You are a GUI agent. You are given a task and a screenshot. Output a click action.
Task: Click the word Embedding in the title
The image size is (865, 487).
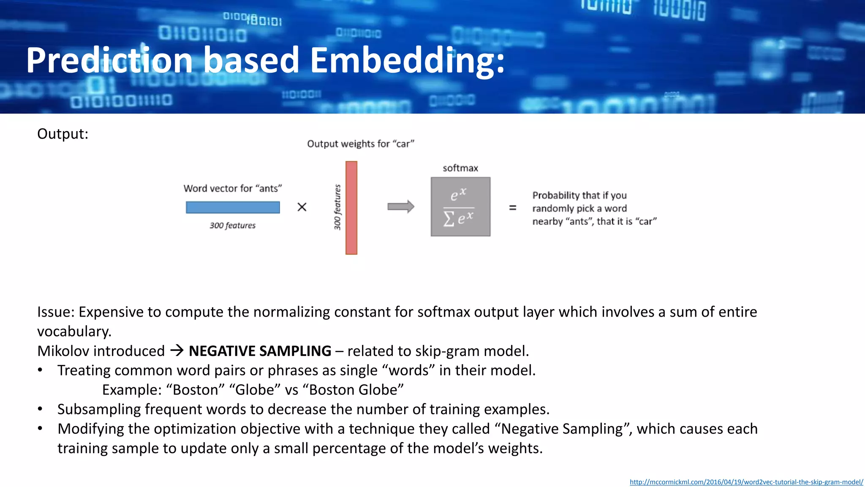pyautogui.click(x=407, y=60)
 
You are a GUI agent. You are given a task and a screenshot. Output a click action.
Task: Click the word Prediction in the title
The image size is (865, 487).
pyautogui.click(x=110, y=60)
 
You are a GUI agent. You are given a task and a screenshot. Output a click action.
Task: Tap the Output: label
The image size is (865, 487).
pyautogui.click(x=63, y=134)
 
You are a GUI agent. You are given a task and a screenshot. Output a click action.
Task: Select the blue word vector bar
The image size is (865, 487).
pyautogui.click(x=233, y=207)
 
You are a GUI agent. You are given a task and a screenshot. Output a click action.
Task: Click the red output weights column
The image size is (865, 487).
pyautogui.click(x=351, y=208)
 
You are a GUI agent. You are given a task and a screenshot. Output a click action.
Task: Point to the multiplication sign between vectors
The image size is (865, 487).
pyautogui.click(x=302, y=207)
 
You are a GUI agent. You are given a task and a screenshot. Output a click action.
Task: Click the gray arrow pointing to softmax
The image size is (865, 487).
pyautogui.click(x=400, y=207)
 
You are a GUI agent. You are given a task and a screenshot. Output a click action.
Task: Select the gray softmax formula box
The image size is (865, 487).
pyautogui.click(x=460, y=207)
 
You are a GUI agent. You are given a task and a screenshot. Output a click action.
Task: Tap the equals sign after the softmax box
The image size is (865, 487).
pyautogui.click(x=512, y=208)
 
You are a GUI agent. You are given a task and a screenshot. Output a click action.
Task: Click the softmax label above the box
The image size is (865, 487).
pyautogui.click(x=460, y=168)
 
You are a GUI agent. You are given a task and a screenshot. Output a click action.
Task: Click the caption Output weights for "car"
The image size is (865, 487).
pyautogui.click(x=360, y=144)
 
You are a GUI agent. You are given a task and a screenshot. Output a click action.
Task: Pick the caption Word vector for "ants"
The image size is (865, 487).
pyautogui.click(x=232, y=189)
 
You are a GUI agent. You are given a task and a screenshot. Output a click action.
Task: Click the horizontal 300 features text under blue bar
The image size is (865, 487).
pyautogui.click(x=232, y=226)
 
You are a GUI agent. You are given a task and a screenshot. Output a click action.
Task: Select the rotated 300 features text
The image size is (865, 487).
pyautogui.click(x=337, y=207)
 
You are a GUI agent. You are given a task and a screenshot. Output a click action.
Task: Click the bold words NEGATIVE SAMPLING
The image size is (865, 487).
pyautogui.click(x=260, y=351)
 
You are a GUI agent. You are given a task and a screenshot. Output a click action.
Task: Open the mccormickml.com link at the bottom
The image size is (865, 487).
pyautogui.click(x=746, y=482)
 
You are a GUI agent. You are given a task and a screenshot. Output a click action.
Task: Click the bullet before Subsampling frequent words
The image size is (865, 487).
pyautogui.click(x=40, y=409)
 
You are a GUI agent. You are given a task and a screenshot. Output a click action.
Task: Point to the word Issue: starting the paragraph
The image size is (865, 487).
pyautogui.click(x=56, y=312)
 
